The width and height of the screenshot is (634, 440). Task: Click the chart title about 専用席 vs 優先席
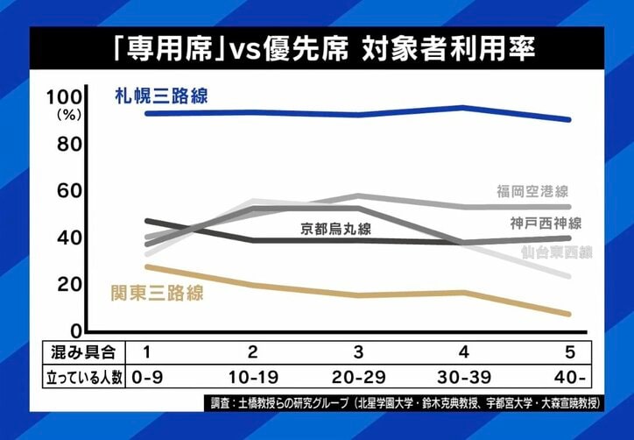click(x=317, y=48)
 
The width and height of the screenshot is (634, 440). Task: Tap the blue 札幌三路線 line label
click(x=162, y=96)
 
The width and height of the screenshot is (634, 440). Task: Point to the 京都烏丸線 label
click(x=336, y=230)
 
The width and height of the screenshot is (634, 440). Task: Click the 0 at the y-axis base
click(x=75, y=330)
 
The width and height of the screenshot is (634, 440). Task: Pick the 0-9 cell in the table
click(x=146, y=379)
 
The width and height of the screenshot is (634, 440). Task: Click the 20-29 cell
click(x=357, y=379)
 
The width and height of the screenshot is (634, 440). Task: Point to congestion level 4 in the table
click(x=463, y=352)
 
